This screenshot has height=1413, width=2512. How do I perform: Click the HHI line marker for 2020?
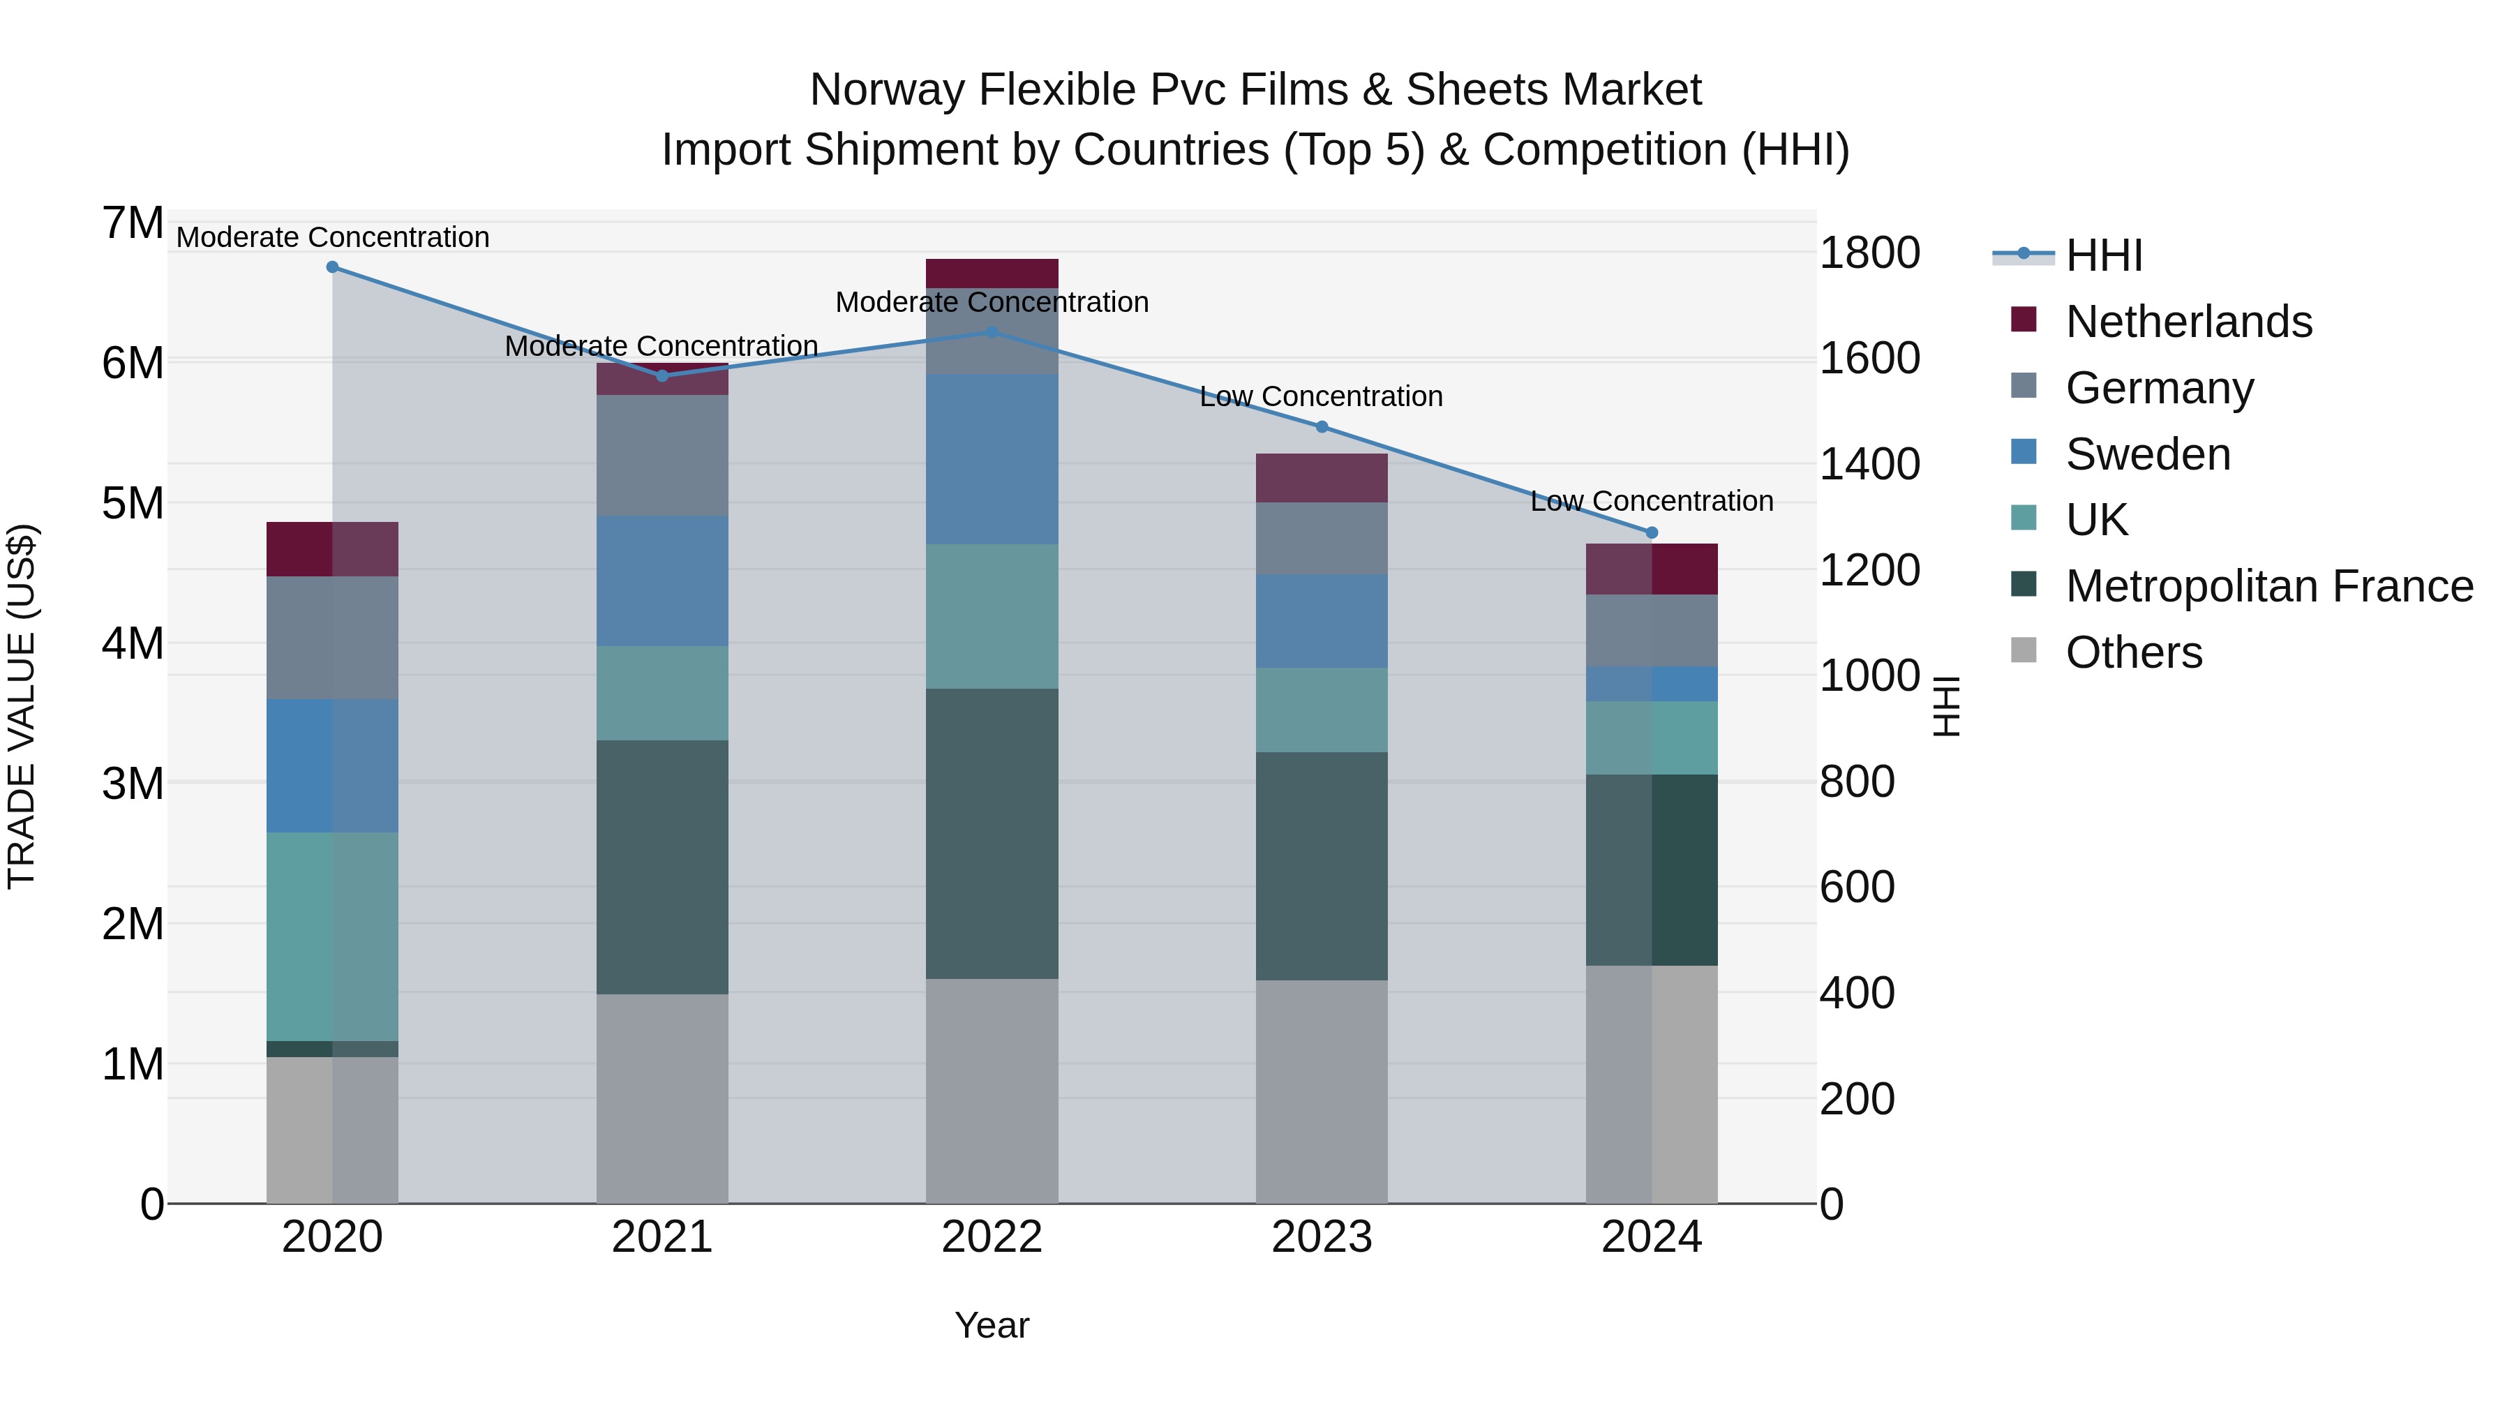pyautogui.click(x=333, y=267)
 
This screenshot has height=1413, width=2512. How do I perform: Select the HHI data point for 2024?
pyautogui.click(x=1652, y=532)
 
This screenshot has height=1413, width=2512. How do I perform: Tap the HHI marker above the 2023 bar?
pyautogui.click(x=1322, y=426)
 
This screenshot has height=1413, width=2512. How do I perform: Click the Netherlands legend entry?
pyautogui.click(x=2188, y=322)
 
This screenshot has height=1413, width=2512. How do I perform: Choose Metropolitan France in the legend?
pyautogui.click(x=2268, y=586)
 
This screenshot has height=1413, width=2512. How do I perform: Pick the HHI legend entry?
pyautogui.click(x=2102, y=255)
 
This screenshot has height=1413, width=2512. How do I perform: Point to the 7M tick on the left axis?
pyautogui.click(x=133, y=223)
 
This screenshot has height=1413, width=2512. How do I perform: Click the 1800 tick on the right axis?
pyautogui.click(x=1869, y=253)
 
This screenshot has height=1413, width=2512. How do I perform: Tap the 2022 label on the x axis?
pyautogui.click(x=992, y=1237)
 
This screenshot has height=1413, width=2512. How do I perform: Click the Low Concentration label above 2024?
pyautogui.click(x=1651, y=501)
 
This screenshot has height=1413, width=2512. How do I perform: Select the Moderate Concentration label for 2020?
pyautogui.click(x=333, y=237)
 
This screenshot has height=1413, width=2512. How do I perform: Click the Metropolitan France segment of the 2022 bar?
pyautogui.click(x=992, y=834)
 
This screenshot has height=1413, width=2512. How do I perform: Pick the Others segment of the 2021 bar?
pyautogui.click(x=662, y=1098)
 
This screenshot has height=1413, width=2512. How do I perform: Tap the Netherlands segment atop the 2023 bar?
pyautogui.click(x=1322, y=478)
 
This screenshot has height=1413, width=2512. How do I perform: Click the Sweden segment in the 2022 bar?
pyautogui.click(x=992, y=458)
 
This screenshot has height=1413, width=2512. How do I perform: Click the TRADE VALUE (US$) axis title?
pyautogui.click(x=22, y=706)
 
